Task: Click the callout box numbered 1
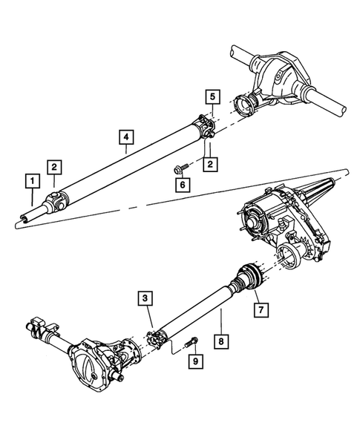pyautogui.click(x=31, y=180)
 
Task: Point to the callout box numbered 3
pyautogui.click(x=144, y=298)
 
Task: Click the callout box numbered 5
pyautogui.click(x=212, y=96)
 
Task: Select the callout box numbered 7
pyautogui.click(x=259, y=306)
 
